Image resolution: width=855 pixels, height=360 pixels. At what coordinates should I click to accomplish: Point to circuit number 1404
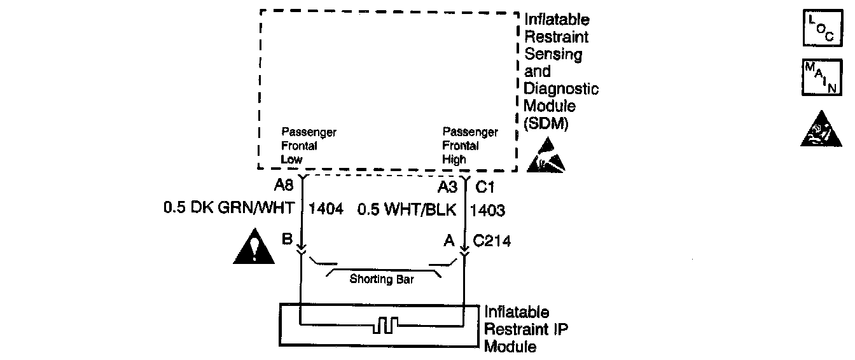326,209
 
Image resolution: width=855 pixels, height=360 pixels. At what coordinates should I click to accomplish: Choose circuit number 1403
487,209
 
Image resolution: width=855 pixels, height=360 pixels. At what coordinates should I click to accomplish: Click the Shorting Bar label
382,279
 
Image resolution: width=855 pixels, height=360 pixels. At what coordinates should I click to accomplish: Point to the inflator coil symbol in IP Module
386,326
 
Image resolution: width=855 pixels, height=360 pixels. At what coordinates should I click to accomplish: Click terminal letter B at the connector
287,240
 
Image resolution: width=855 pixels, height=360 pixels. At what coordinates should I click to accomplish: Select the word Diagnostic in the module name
561,90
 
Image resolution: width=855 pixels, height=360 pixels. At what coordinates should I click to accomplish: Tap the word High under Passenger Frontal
454,160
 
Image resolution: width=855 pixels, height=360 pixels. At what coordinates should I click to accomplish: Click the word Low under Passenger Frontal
291,160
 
